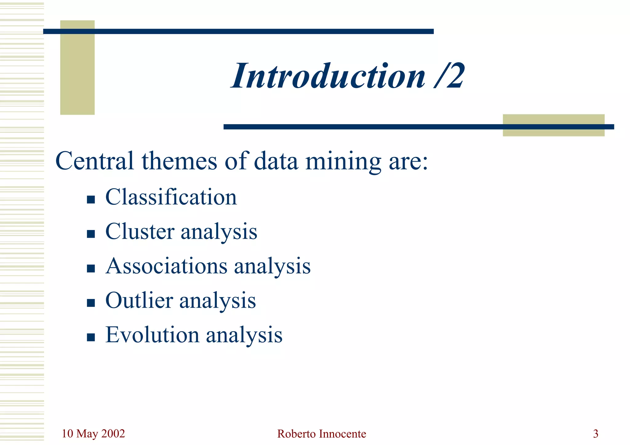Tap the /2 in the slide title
click(x=450, y=76)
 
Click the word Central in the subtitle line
click(x=94, y=161)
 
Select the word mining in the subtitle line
click(x=343, y=161)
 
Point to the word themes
click(x=179, y=161)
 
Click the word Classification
click(x=171, y=197)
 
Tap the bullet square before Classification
click(x=91, y=200)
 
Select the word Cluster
click(x=140, y=231)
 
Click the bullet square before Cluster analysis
click(x=91, y=234)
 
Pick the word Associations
click(x=166, y=266)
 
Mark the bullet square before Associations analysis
click(x=91, y=268)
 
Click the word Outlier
click(x=139, y=300)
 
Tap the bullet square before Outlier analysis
click(x=91, y=303)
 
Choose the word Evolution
click(x=152, y=335)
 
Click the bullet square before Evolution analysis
click(x=91, y=337)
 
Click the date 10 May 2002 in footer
click(x=93, y=434)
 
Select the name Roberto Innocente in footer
click(x=321, y=434)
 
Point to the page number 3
click(x=596, y=434)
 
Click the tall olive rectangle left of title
click(x=77, y=74)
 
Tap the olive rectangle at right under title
click(x=553, y=132)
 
